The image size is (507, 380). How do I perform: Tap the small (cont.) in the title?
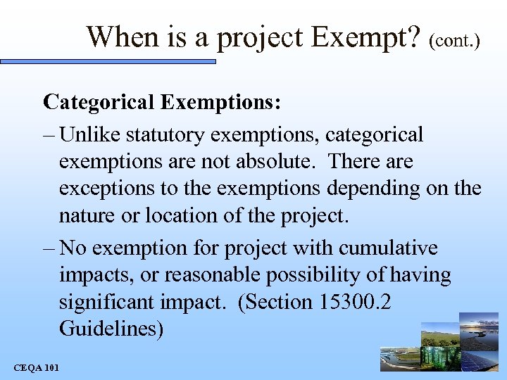click(x=454, y=40)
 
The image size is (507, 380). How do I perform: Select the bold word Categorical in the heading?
click(x=99, y=102)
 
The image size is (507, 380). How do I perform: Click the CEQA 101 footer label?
click(x=37, y=367)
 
